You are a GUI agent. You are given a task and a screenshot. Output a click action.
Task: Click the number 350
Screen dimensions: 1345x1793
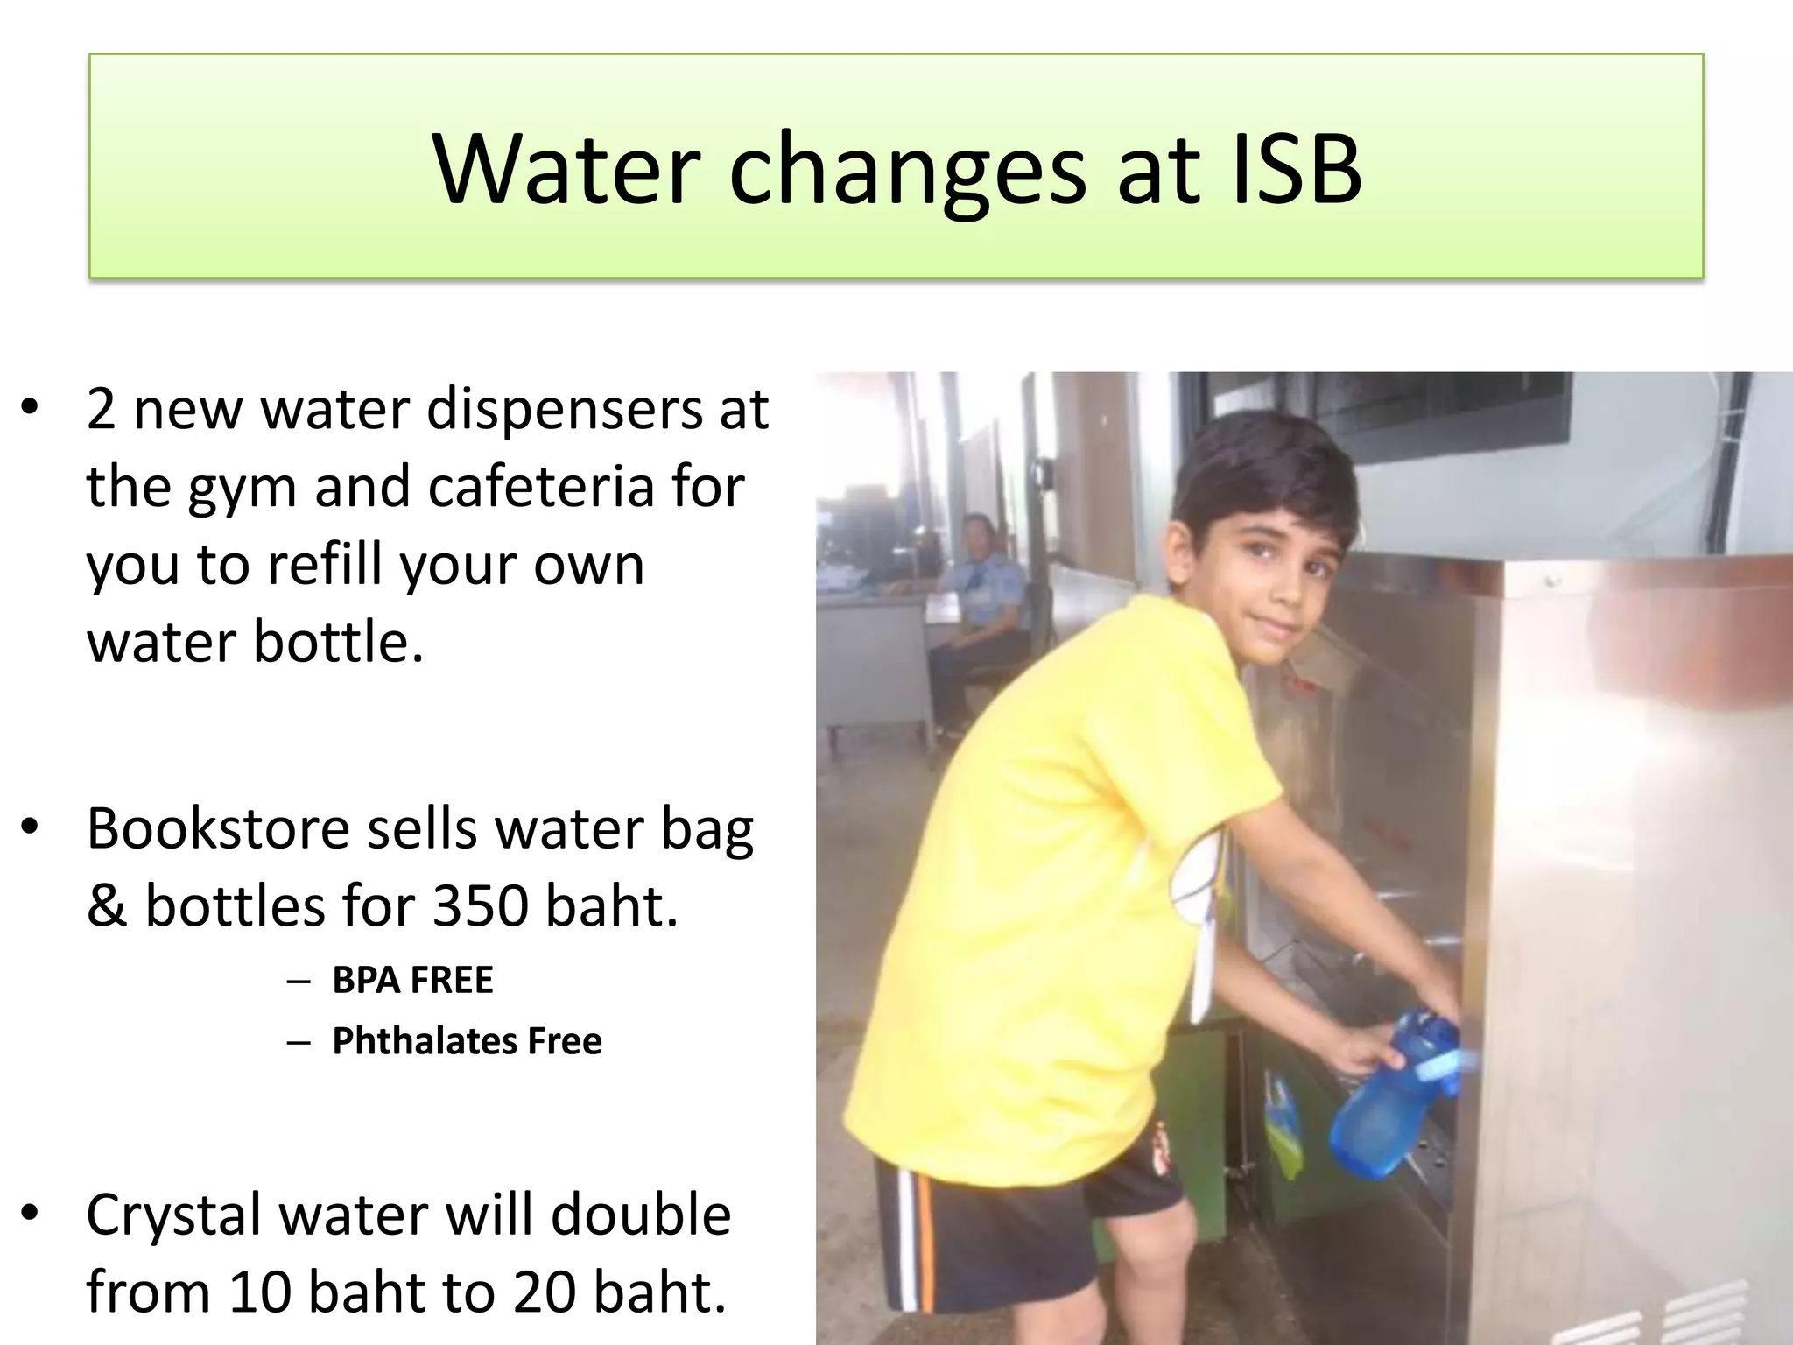pyautogui.click(x=481, y=905)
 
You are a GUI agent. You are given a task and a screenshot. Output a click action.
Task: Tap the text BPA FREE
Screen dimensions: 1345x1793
pyautogui.click(x=412, y=980)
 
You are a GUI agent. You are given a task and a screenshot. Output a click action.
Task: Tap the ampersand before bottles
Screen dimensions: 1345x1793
pyautogui.click(x=106, y=906)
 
